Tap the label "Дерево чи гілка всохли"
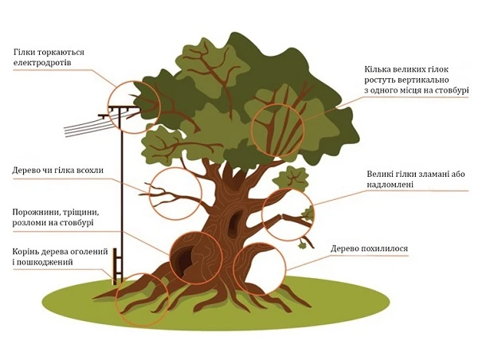pyautogui.click(x=58, y=170)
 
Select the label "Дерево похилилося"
pyautogui.click(x=370, y=249)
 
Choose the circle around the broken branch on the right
pyautogui.click(x=288, y=213)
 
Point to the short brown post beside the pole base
pyautogui.click(x=116, y=268)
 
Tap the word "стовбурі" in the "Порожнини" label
pyautogui.click(x=72, y=224)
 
